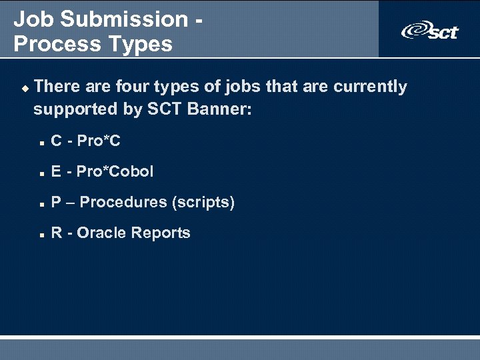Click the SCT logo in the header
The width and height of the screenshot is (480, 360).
429,30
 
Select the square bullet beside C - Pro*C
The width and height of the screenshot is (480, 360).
41,143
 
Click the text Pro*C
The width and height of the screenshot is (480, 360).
99,141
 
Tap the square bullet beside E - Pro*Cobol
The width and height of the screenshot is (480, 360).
41,173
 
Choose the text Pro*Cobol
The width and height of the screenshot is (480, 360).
115,172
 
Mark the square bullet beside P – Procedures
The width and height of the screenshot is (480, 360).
41,204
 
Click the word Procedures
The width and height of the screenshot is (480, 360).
123,203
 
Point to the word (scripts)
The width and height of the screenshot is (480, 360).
203,203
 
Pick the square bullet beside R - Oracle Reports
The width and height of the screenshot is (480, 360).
41,235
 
